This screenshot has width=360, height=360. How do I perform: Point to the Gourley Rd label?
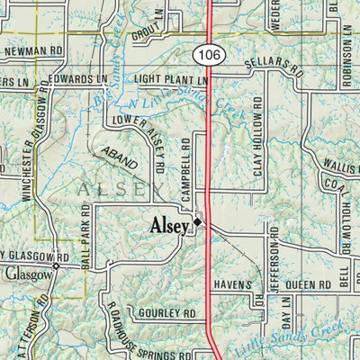click(x=166, y=314)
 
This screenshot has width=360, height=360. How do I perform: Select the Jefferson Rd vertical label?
click(x=274, y=270)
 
